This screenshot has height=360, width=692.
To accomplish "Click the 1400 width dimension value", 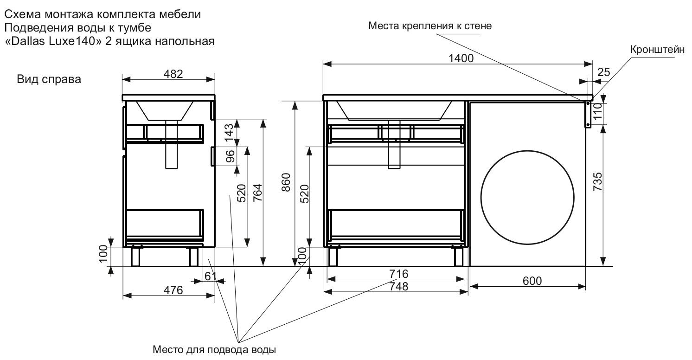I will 461,58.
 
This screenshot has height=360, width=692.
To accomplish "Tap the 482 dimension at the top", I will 173,73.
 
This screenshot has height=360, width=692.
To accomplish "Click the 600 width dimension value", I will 532,281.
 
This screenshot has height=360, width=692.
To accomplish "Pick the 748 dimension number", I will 398,287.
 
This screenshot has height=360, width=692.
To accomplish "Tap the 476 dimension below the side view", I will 173,290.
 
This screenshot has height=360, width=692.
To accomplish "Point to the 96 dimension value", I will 229,157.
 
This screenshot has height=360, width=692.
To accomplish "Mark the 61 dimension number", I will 211,276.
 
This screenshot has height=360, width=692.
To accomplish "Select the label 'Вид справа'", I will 49,79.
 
